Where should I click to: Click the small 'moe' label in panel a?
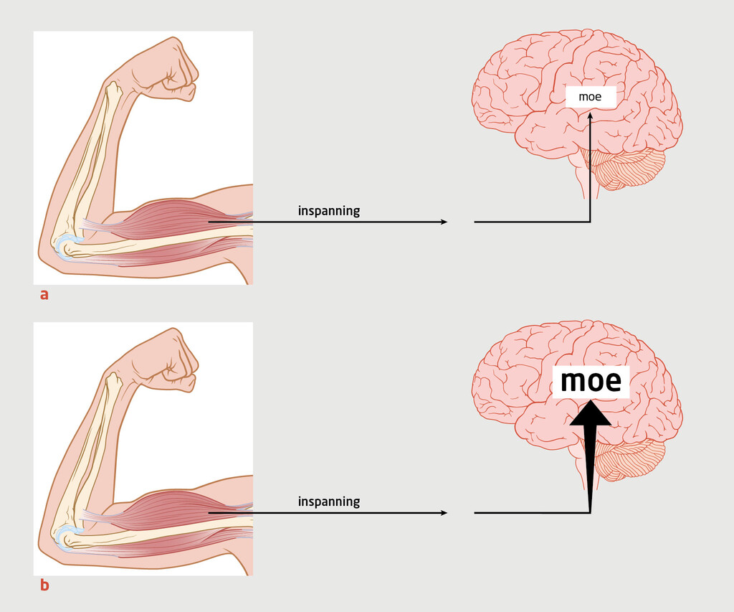tap(590, 97)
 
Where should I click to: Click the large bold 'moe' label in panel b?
tap(591, 382)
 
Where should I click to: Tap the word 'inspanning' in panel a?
tap(328, 211)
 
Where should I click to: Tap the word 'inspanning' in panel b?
tap(328, 502)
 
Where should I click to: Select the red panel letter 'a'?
tap(44, 294)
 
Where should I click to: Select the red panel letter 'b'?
tap(44, 585)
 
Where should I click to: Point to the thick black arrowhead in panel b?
tap(591, 415)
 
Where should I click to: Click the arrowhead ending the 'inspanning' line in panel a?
tap(443, 222)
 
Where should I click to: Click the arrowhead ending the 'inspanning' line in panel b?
tap(443, 513)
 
